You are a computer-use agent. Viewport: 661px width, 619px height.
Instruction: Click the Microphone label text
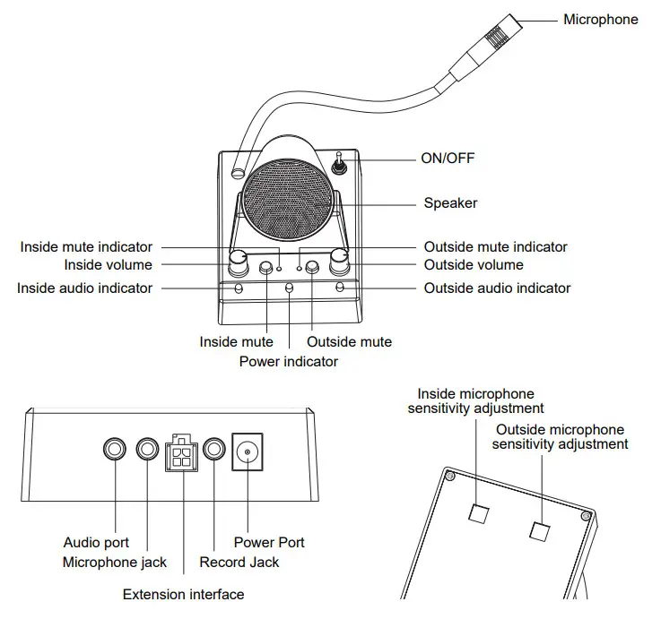click(600, 19)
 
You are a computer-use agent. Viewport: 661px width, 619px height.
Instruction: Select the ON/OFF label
click(448, 159)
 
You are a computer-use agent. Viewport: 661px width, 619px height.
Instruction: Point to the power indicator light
click(289, 288)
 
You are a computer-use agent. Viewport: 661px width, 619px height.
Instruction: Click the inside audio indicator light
click(239, 288)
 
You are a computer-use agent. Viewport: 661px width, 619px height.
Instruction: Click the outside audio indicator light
click(339, 288)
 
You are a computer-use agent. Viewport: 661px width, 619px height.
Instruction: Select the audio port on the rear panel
click(116, 451)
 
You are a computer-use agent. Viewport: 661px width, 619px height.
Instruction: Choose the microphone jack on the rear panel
click(147, 451)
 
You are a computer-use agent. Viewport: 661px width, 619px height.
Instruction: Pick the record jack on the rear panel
click(214, 451)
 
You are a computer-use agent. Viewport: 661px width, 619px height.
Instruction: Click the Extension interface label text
click(183, 594)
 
